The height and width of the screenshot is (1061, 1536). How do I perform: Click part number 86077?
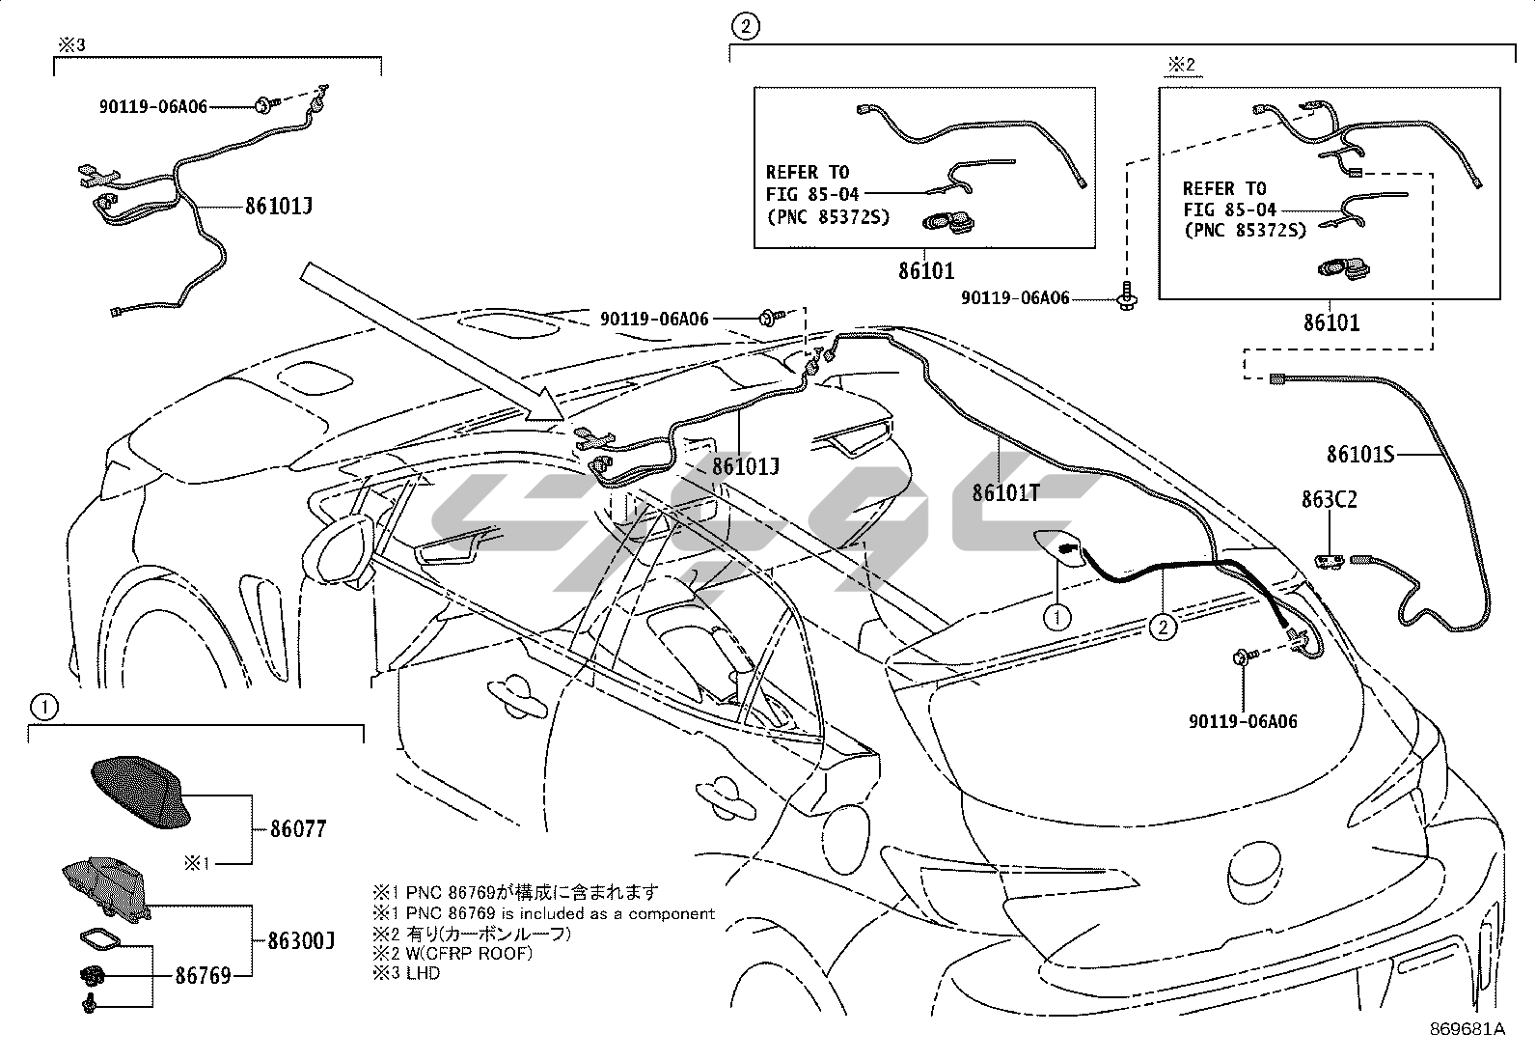point(297,829)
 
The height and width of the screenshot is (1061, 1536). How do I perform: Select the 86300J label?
point(301,940)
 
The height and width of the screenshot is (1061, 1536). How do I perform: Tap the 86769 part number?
point(203,976)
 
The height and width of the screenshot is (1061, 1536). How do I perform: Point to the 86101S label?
point(1360,455)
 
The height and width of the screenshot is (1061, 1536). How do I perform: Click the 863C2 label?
point(1329,500)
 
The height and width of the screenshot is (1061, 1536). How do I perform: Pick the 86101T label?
point(1006,492)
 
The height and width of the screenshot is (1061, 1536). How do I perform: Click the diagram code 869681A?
point(1467,1029)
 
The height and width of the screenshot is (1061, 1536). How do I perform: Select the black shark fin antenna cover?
point(141,792)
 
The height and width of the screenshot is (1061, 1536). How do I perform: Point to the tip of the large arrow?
point(563,419)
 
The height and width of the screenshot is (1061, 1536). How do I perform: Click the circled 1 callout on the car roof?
point(1056,618)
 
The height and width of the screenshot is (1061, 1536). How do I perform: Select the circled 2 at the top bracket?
point(746,27)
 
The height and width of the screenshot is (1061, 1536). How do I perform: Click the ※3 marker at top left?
point(71,45)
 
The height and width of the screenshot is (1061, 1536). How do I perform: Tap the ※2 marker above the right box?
point(1182,65)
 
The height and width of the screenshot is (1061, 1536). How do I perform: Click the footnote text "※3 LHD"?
point(406,973)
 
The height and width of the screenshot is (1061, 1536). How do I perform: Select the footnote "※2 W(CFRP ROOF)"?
point(453,953)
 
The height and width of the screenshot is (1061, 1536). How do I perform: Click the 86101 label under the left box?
point(926,271)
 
